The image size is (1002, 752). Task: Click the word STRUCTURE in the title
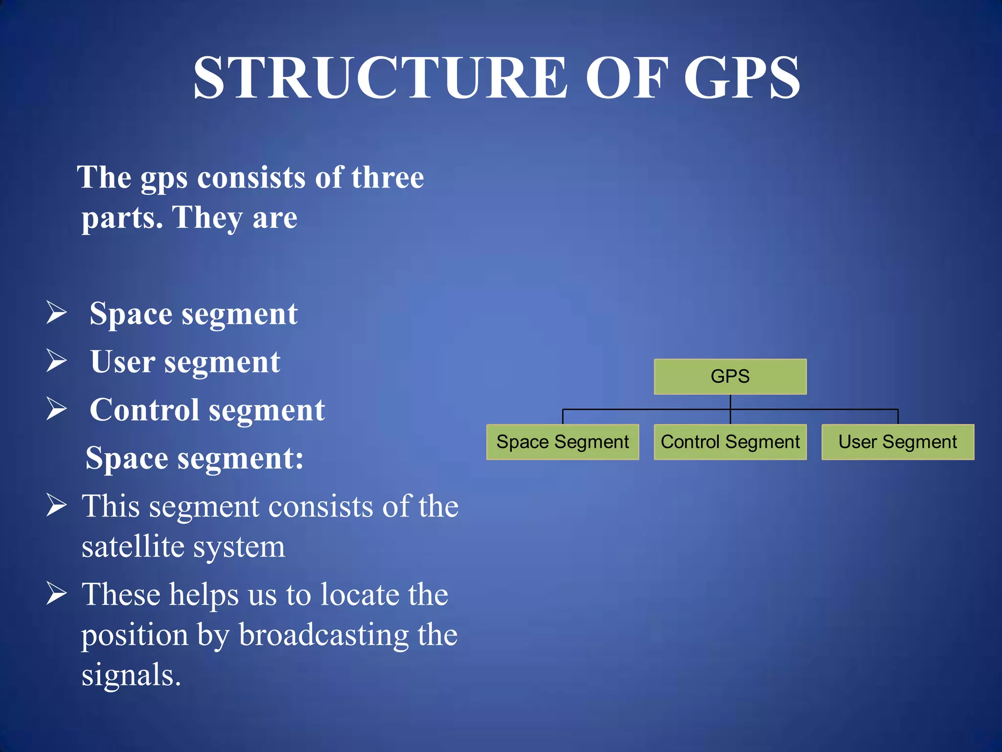[x=380, y=78]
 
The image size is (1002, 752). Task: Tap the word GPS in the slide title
[x=742, y=78]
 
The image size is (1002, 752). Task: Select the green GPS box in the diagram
[x=730, y=376]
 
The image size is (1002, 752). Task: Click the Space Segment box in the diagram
[x=563, y=442]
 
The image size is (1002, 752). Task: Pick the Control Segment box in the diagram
[x=730, y=442]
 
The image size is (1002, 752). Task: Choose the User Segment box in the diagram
[x=898, y=442]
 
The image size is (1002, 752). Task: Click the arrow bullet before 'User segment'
[x=57, y=361]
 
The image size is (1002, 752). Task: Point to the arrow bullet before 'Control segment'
[x=57, y=409]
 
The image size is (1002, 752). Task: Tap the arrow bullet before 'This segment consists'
[x=57, y=505]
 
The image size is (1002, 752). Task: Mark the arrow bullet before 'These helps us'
[x=57, y=593]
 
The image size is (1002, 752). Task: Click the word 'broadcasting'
[x=323, y=635]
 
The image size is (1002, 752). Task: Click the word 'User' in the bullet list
[x=123, y=362]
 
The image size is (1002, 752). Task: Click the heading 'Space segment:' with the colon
[x=195, y=459]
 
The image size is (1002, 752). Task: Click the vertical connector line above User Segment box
[x=898, y=417]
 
